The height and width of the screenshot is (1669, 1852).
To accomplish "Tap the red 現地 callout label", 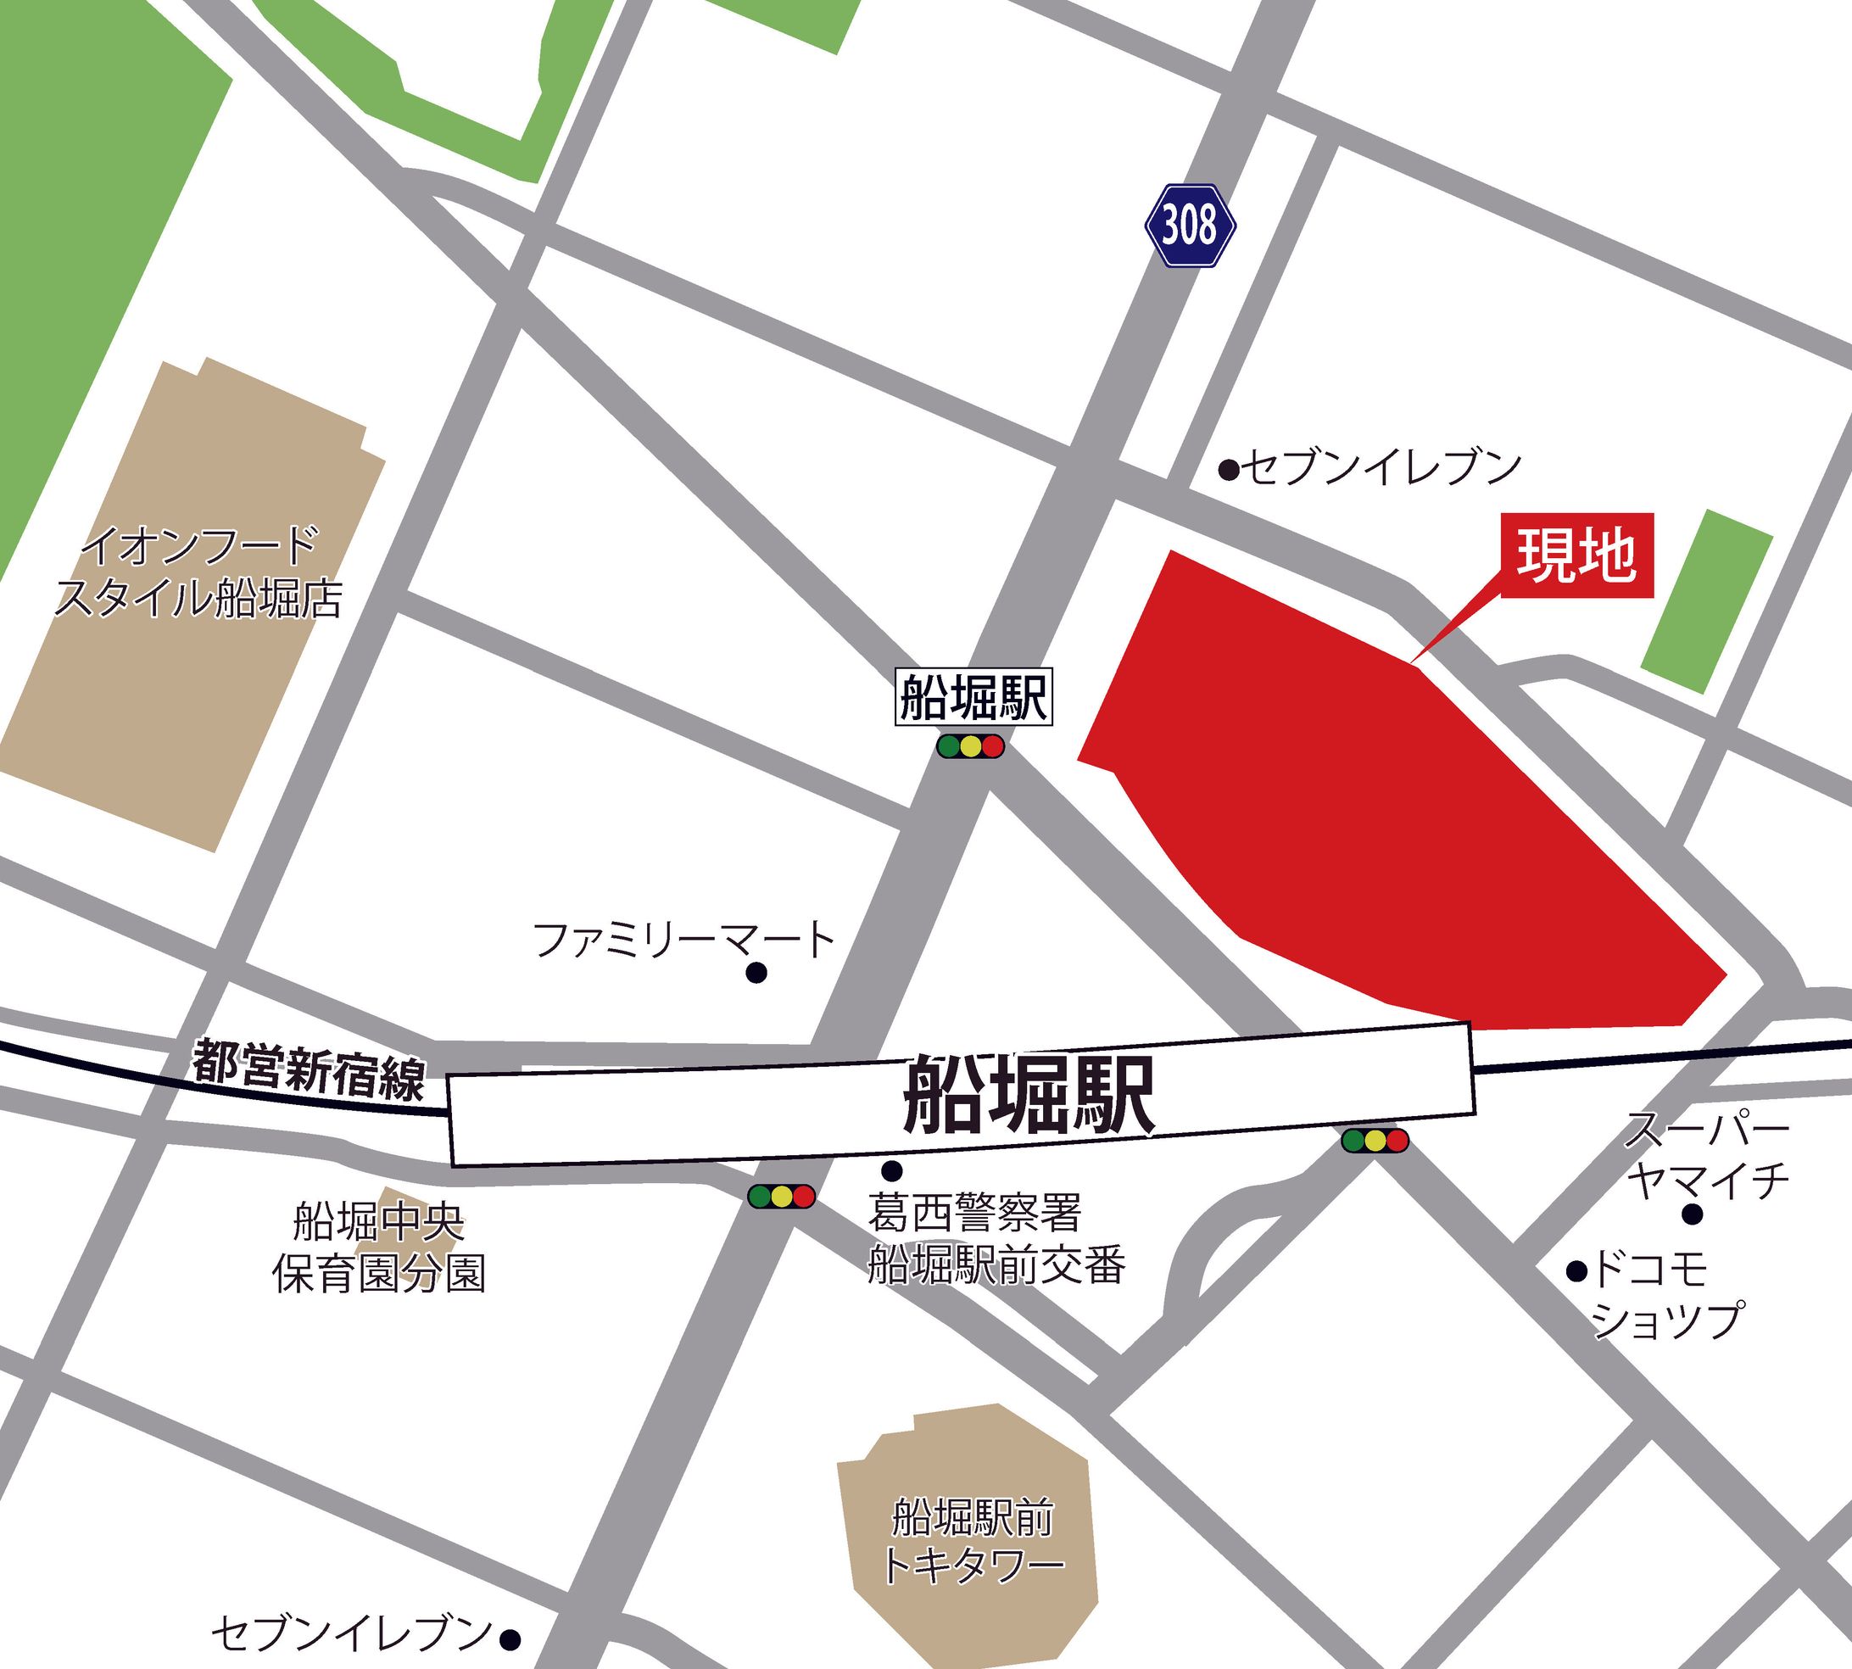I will [1576, 555].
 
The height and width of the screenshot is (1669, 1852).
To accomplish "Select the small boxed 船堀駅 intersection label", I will [973, 698].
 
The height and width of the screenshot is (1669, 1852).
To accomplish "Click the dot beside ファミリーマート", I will [756, 973].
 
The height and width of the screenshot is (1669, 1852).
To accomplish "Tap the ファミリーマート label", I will [683, 940].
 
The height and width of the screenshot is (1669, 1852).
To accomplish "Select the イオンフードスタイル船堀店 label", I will [199, 573].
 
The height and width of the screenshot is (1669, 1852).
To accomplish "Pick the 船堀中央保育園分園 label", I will [379, 1248].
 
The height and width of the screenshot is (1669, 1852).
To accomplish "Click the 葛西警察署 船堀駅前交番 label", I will [996, 1239].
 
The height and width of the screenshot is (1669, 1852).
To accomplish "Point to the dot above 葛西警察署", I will [891, 1170].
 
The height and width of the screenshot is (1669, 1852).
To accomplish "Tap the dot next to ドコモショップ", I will [1576, 1270].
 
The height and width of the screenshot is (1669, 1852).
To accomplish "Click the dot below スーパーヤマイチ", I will [1693, 1214].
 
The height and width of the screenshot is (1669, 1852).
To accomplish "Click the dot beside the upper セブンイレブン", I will [1229, 471].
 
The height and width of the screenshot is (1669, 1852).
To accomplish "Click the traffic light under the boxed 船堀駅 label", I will [970, 746].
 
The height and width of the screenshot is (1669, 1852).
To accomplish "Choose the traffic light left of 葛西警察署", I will [781, 1197].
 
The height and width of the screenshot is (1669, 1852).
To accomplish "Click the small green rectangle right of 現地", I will [1706, 601].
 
